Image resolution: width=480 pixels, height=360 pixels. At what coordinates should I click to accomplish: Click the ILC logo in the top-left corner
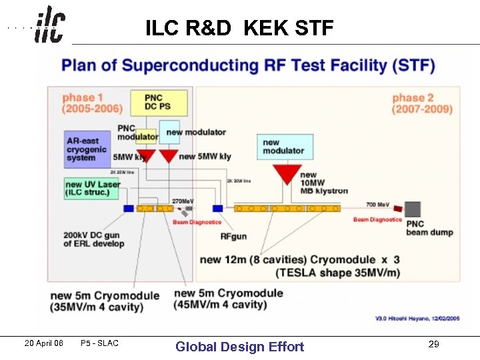point(49,25)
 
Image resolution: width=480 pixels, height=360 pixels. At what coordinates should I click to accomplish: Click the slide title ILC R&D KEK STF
point(239,28)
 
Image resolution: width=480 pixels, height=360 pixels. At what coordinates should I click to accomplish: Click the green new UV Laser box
point(91,189)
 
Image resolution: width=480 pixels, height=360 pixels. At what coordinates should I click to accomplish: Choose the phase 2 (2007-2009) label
point(421,103)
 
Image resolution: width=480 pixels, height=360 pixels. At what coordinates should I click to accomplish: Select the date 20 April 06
point(43,343)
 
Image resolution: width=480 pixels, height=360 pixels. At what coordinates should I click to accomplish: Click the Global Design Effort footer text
point(239,347)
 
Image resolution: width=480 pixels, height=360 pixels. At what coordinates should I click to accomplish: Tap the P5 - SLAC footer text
point(99,343)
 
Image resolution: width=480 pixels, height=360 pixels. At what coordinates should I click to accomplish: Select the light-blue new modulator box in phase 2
point(285,147)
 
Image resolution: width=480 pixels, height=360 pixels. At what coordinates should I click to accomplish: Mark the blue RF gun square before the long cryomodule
point(217,208)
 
